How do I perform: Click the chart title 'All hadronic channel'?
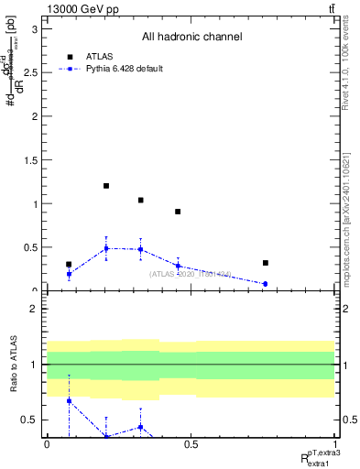coord(191,38)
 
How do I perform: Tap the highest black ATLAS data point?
coord(106,186)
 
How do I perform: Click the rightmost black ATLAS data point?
coord(265,263)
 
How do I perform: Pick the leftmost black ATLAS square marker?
coord(69,264)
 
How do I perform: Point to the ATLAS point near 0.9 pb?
coord(178,212)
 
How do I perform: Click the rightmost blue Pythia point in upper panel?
coord(265,284)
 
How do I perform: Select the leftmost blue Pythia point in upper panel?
coord(69,274)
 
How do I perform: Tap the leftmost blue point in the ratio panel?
coord(69,400)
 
